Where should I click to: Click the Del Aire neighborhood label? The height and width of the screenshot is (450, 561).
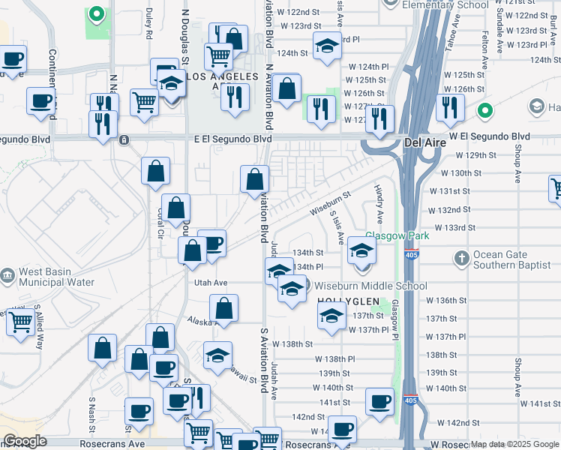[425, 142]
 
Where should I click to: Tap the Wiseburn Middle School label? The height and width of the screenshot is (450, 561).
[370, 286]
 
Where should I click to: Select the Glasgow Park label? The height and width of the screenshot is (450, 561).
[397, 235]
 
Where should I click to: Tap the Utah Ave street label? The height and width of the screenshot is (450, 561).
[211, 283]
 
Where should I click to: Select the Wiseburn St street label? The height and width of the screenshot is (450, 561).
[331, 203]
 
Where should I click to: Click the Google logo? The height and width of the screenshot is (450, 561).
[25, 441]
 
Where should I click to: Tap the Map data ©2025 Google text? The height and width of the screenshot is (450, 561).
[514, 444]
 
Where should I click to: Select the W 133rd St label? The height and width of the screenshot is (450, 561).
[451, 227]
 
